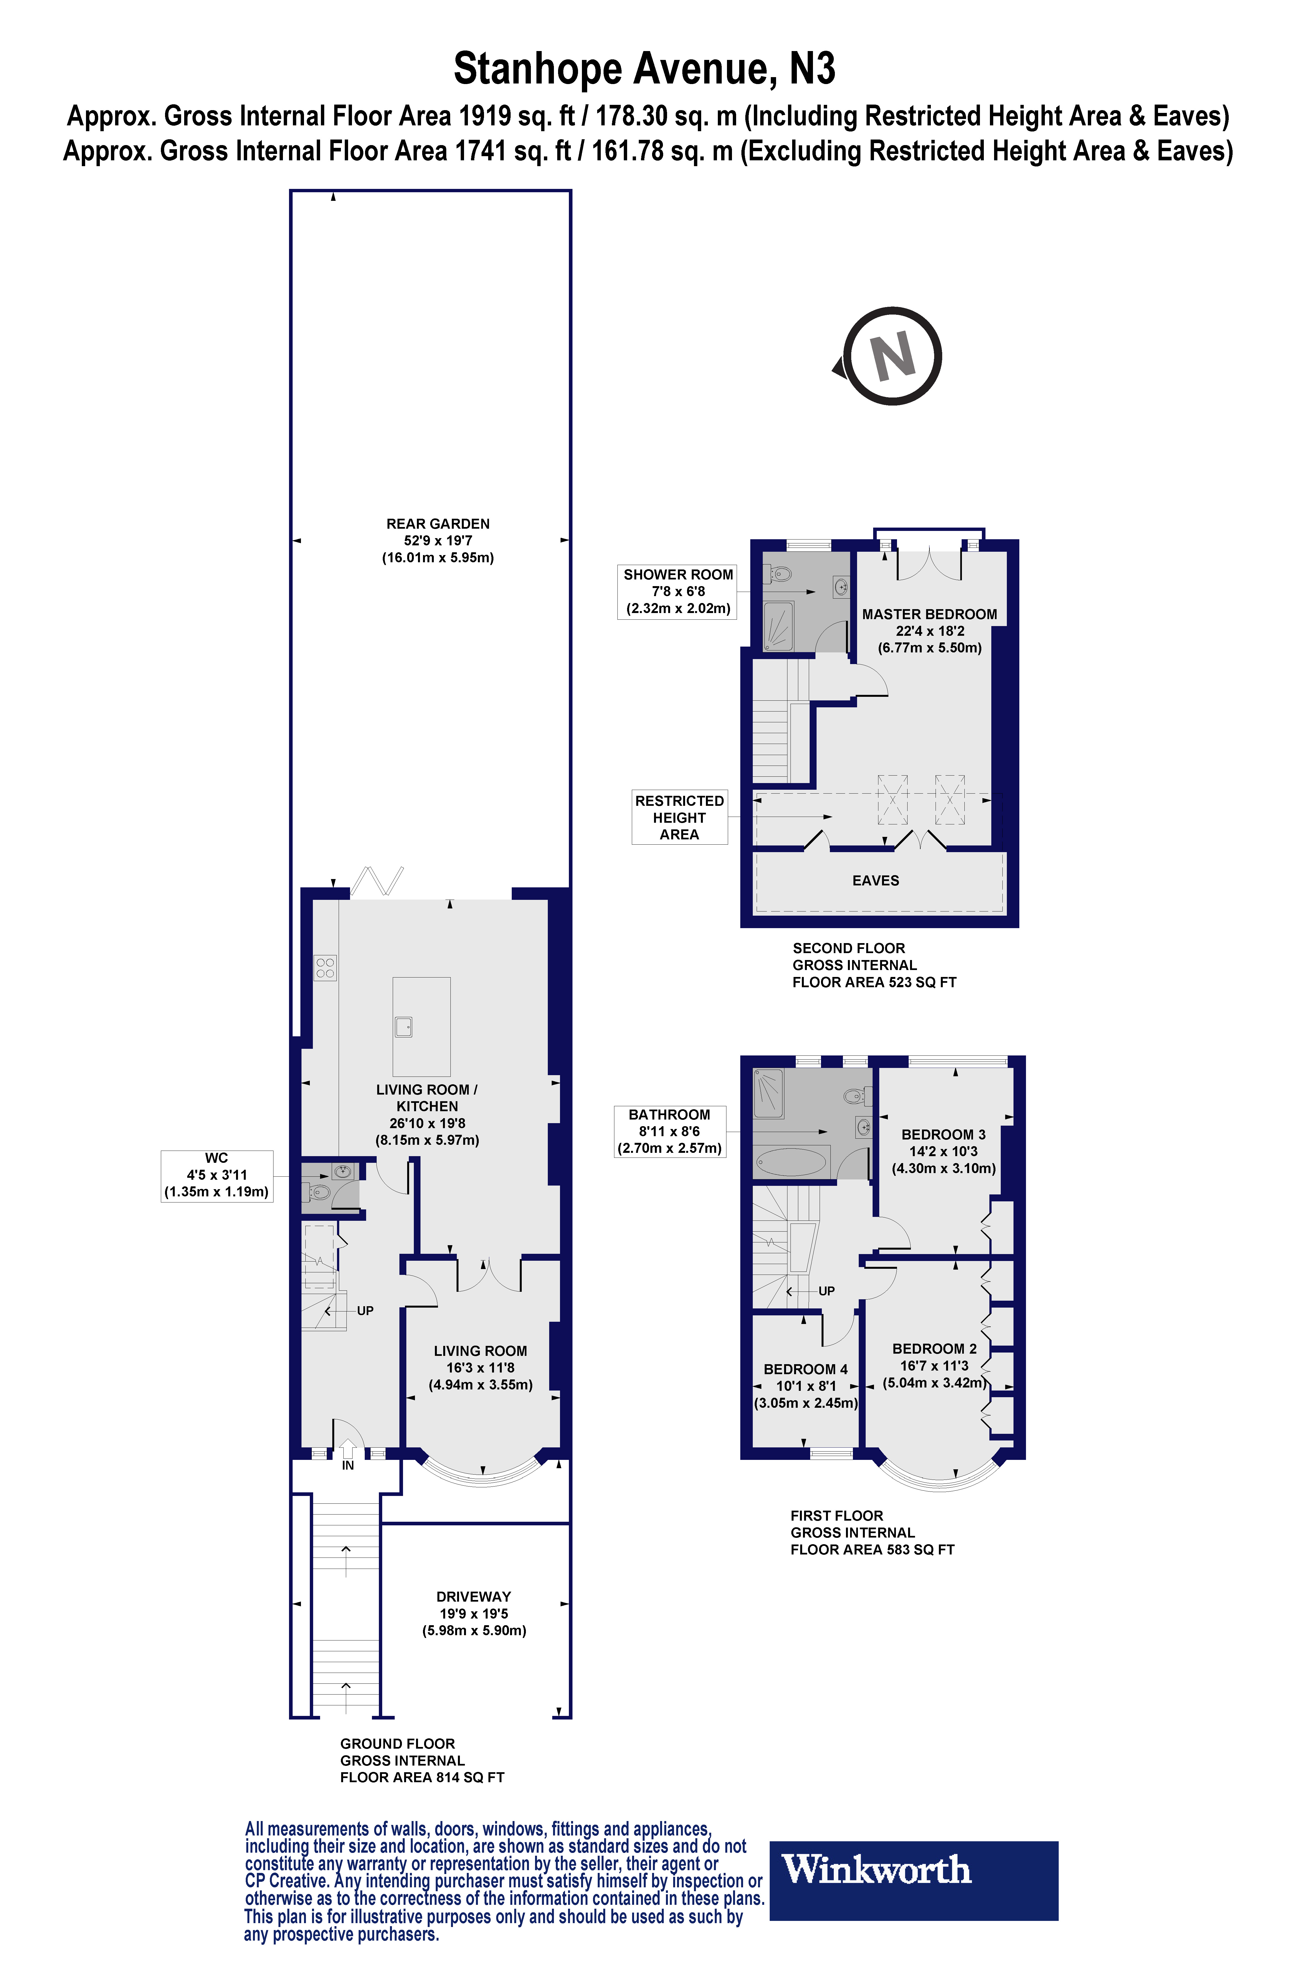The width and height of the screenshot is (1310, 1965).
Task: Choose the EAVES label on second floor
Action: pyautogui.click(x=876, y=881)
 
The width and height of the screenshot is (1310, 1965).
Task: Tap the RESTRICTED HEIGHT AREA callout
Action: pyautogui.click(x=679, y=817)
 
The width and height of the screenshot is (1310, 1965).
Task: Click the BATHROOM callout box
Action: pyautogui.click(x=669, y=1131)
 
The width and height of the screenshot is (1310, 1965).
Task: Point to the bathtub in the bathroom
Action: pyautogui.click(x=790, y=1161)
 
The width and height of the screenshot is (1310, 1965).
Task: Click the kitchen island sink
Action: pyautogui.click(x=404, y=1027)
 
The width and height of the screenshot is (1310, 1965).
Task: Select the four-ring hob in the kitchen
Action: pyautogui.click(x=325, y=968)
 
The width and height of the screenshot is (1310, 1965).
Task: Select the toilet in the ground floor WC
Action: pyautogui.click(x=320, y=1191)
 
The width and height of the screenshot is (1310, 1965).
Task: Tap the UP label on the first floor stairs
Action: pyautogui.click(x=826, y=1291)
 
